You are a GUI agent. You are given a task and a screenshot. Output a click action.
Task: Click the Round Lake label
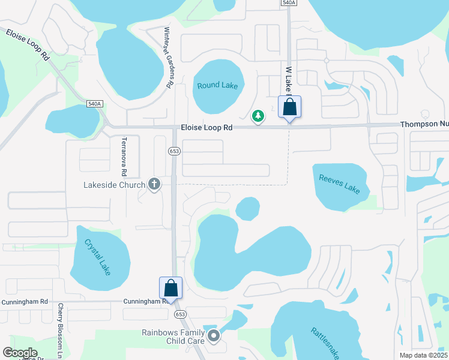217,85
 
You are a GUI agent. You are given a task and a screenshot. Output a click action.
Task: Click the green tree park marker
258,115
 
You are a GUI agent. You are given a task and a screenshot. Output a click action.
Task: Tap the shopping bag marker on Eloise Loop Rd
289,108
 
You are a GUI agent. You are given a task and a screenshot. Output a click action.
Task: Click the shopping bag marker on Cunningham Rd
170,288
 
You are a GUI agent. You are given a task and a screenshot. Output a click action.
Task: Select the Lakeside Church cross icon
154,184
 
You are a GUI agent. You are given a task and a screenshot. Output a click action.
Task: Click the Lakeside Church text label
114,185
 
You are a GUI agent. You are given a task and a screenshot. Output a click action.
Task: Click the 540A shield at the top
288,3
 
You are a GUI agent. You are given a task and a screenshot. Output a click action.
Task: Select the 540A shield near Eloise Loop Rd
94,104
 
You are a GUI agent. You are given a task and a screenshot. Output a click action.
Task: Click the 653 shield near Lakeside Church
174,151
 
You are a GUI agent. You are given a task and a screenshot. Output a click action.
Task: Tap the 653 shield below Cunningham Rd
179,314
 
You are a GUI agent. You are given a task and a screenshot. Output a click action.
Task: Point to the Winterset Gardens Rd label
169,58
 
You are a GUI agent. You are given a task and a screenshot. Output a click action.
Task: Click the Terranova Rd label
124,156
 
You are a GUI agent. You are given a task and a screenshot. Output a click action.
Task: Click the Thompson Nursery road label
424,124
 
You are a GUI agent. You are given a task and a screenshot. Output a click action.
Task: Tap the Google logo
20,353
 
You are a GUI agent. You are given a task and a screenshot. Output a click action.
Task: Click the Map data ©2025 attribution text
423,355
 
